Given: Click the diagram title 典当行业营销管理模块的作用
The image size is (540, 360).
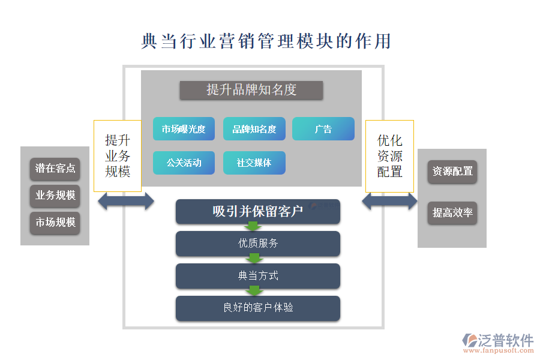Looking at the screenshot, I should (x=266, y=41).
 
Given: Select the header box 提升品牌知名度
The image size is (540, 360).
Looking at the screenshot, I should (x=251, y=90).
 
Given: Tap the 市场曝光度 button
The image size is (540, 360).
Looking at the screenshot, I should (x=184, y=129).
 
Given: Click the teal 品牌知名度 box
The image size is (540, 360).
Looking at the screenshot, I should (x=254, y=129).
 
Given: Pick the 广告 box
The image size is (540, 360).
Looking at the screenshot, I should (x=323, y=129).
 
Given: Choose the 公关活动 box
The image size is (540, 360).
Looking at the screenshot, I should (x=184, y=163).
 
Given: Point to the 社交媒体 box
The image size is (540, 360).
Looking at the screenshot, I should (x=254, y=163).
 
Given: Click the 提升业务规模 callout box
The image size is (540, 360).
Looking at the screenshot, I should (x=118, y=155).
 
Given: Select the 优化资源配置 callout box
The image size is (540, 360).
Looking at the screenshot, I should (x=389, y=155).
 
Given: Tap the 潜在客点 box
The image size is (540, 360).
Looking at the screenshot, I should (x=55, y=169).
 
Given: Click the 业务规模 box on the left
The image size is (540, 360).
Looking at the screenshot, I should (x=55, y=196).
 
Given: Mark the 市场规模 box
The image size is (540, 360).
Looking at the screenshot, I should (x=55, y=223).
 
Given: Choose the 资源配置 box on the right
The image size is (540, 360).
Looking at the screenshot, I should (x=452, y=172).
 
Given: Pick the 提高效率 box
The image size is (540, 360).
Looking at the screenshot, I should (x=452, y=213).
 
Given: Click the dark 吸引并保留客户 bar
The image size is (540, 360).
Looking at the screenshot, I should (x=258, y=211).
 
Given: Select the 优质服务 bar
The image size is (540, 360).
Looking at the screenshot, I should (x=258, y=243).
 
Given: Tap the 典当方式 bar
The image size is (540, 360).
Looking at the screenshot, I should (x=258, y=276).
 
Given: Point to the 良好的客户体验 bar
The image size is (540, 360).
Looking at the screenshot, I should (x=258, y=308).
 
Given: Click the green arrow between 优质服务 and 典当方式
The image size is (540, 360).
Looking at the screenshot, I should (x=254, y=259).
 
